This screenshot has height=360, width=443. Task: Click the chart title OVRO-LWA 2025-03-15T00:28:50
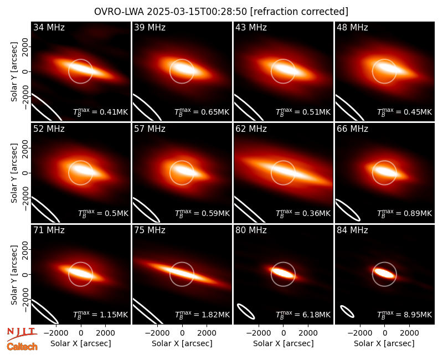(x=171, y=12)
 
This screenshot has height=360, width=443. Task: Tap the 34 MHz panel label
(x=49, y=27)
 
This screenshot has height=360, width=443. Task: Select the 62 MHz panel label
(x=251, y=129)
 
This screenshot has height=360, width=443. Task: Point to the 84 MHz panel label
(x=352, y=230)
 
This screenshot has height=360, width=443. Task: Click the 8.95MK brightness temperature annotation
(x=405, y=314)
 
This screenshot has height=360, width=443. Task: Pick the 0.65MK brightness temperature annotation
(x=202, y=112)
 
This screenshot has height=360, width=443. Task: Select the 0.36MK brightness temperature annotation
(x=303, y=213)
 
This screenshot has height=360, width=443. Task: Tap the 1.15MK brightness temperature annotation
(x=101, y=314)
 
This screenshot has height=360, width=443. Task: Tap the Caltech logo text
(x=22, y=347)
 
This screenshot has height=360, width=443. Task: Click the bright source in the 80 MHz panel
(x=283, y=273)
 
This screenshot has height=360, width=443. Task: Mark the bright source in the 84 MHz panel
(x=384, y=273)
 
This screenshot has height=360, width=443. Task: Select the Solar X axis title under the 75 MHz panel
(x=182, y=343)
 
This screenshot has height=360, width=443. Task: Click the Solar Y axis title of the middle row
(x=14, y=173)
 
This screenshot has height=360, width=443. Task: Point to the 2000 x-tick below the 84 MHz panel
(x=409, y=333)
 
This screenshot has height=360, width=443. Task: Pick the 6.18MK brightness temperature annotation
(x=303, y=314)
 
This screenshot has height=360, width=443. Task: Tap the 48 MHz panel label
(x=352, y=27)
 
